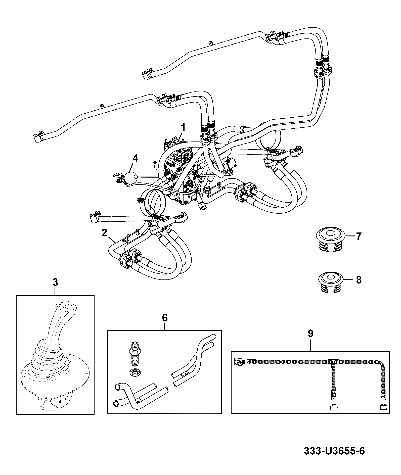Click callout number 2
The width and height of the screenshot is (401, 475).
click(x=105, y=233)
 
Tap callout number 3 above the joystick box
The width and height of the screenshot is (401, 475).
click(x=55, y=282)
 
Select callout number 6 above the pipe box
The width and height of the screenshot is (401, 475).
click(x=164, y=318)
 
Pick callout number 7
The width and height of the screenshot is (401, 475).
click(x=359, y=236)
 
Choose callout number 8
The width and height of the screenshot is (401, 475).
click(x=359, y=280)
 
